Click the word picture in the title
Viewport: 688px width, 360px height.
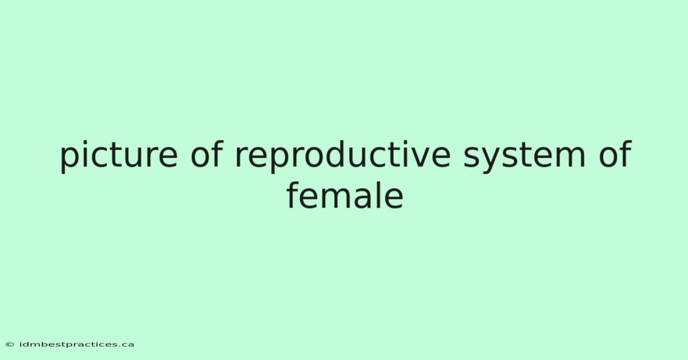(x=119, y=156)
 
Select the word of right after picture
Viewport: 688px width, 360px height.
(x=207, y=153)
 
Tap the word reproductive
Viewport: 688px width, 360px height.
(x=342, y=156)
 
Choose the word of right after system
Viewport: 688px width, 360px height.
(x=615, y=153)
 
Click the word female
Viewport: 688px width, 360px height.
(x=345, y=195)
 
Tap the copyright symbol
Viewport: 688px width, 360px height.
(x=10, y=345)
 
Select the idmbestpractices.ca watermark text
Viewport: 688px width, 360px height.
(x=77, y=345)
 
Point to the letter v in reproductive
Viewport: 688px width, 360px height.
(x=419, y=157)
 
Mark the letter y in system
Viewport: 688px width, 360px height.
(x=492, y=160)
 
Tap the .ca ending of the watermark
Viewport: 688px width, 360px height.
(x=126, y=345)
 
